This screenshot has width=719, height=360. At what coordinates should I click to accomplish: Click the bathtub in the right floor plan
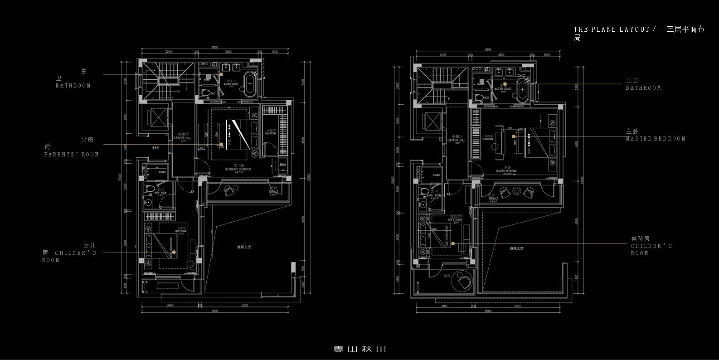[x=522, y=90]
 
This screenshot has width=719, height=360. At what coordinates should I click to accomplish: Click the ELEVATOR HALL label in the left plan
[x=182, y=138]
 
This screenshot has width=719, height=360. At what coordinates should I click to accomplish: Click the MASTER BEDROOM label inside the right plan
[x=505, y=171]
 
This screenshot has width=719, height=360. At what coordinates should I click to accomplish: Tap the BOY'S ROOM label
[x=454, y=220]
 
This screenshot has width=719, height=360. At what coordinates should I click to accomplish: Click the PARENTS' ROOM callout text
[x=71, y=155]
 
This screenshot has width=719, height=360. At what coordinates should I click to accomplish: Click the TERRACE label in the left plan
[x=273, y=192]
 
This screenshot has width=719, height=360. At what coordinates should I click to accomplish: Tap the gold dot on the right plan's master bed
[x=514, y=136]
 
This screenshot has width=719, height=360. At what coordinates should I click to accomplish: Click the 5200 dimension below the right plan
[x=517, y=306]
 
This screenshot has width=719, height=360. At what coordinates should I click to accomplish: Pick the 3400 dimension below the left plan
[x=170, y=306]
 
